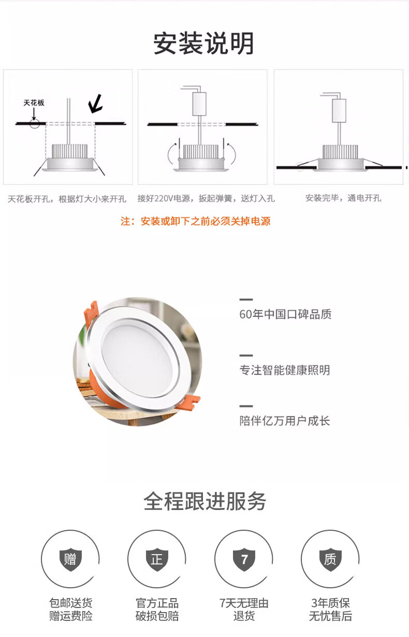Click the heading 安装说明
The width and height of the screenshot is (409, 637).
pos(203,44)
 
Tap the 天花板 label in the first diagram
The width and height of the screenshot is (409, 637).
pos(34,103)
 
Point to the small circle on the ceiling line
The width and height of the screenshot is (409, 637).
pos(35,124)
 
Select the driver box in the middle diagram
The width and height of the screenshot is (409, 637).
pos(199,104)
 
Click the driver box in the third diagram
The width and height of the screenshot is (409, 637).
pos(339,110)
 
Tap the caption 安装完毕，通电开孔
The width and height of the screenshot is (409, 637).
pos(343,198)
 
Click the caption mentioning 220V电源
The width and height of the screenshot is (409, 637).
pos(206,199)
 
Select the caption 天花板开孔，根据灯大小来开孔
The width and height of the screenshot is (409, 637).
pos(67,199)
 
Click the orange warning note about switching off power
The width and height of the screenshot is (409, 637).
pos(195,221)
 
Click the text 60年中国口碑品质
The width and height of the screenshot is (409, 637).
pos(285,314)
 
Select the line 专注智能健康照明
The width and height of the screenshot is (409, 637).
pos(285,370)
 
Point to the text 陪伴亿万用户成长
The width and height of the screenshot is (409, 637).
pos(285,421)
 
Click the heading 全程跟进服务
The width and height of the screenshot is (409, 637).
pos(205,501)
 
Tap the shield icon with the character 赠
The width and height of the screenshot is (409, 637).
pos(71,559)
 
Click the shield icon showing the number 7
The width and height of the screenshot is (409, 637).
pos(244,559)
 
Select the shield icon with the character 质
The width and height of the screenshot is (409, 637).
pos(330,559)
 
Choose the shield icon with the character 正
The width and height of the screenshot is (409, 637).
pos(157,559)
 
